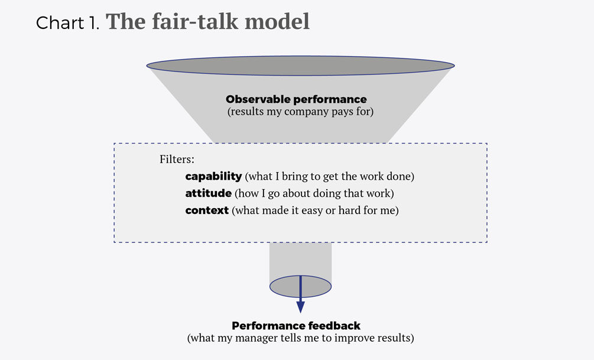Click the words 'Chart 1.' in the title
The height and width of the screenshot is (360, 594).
coord(69,23)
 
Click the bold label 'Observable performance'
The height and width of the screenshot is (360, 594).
coord(296,99)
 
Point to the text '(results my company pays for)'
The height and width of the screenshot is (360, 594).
coord(300,111)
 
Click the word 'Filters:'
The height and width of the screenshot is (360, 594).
coord(177,160)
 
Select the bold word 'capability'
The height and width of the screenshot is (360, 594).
coord(213,176)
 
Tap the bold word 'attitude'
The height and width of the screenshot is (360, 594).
coord(209,193)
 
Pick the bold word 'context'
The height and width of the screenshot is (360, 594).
coord(207,210)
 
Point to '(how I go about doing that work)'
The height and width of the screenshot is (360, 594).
coord(314,193)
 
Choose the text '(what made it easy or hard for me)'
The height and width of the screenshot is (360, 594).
coord(315,210)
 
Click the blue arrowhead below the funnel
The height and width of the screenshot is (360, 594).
coord(300,307)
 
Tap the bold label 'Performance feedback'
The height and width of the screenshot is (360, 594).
coord(296,326)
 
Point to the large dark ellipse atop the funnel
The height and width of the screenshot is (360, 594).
coord(300,65)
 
